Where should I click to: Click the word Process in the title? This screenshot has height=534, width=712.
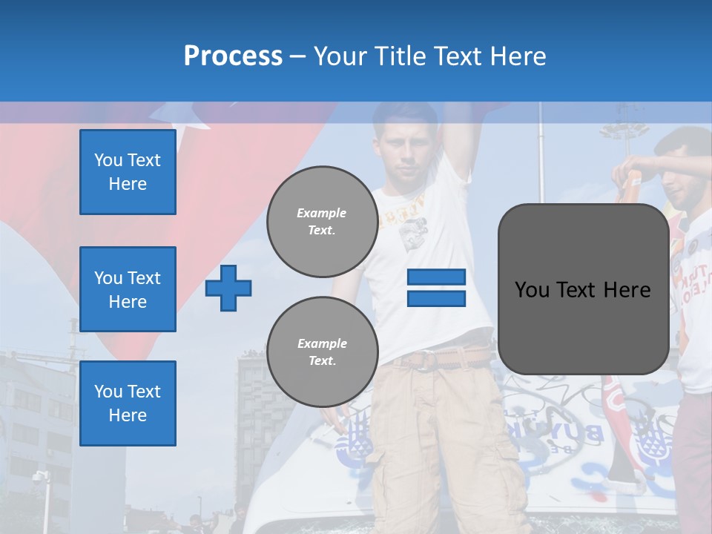[233, 56]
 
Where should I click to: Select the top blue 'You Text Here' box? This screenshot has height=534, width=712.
[128, 172]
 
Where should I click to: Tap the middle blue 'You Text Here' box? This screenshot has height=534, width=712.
[128, 289]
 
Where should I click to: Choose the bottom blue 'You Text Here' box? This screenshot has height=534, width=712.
[128, 403]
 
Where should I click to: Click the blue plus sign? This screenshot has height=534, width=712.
[228, 289]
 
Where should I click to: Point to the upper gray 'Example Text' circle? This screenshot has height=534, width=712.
[322, 221]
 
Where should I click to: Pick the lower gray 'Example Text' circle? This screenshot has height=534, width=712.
[322, 352]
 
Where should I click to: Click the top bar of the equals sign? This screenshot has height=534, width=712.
[436, 277]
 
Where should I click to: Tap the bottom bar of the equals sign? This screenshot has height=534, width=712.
[436, 299]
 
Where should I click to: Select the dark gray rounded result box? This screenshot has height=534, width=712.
[583, 289]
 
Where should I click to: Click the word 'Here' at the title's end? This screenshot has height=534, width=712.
[519, 56]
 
